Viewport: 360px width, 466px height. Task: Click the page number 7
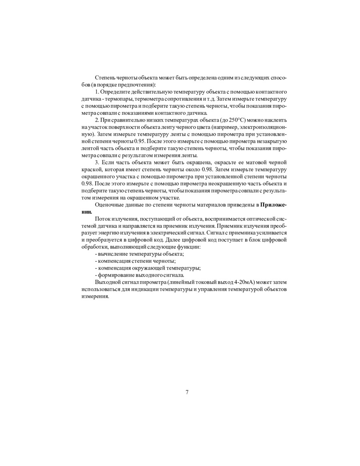tap(187, 392)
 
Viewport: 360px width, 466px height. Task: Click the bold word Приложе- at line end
tap(273, 205)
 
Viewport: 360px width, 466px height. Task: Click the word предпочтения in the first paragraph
tap(138, 85)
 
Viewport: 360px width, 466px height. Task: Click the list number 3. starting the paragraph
tap(97, 163)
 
